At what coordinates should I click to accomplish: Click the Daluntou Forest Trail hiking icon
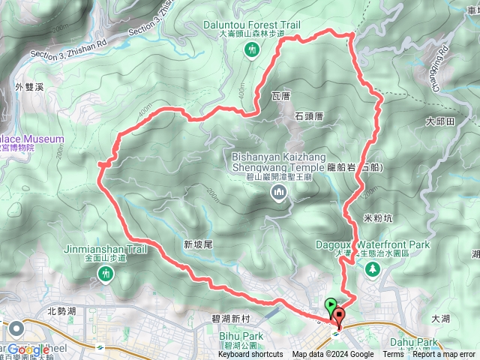tap(252, 49)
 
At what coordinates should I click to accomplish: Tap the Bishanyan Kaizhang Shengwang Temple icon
tap(279, 194)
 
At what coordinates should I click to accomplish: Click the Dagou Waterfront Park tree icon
tap(373, 270)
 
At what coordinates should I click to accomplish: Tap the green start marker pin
tap(331, 305)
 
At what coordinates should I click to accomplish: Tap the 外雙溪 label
tap(28, 88)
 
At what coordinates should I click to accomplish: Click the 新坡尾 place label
tap(198, 244)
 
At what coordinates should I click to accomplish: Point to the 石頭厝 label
tap(308, 116)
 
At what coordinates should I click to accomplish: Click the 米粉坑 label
tap(377, 217)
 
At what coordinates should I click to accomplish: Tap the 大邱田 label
tap(440, 121)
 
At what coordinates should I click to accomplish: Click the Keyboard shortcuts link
tap(250, 355)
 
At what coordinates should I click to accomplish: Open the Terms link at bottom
tap(393, 355)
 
